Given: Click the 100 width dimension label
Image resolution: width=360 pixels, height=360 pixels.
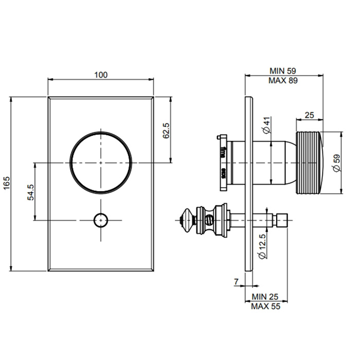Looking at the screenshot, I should pyautogui.click(x=101, y=75).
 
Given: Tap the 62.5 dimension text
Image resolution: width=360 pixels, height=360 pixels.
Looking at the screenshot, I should pyautogui.click(x=166, y=130).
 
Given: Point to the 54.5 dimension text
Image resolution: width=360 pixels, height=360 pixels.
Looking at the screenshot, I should pyautogui.click(x=31, y=192).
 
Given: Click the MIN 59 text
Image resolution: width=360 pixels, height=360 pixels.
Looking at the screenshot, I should pyautogui.click(x=283, y=71).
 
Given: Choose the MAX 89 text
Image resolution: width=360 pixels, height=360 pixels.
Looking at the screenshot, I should pyautogui.click(x=283, y=80).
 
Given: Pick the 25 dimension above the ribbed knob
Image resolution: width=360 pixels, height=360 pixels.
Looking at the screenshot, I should pyautogui.click(x=309, y=116).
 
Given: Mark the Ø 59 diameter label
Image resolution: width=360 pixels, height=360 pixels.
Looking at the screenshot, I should pyautogui.click(x=336, y=163).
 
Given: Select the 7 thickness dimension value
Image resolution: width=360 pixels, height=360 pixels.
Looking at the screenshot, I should pyautogui.click(x=236, y=282).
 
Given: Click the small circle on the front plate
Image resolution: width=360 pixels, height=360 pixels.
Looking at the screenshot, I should pyautogui.click(x=101, y=220).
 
